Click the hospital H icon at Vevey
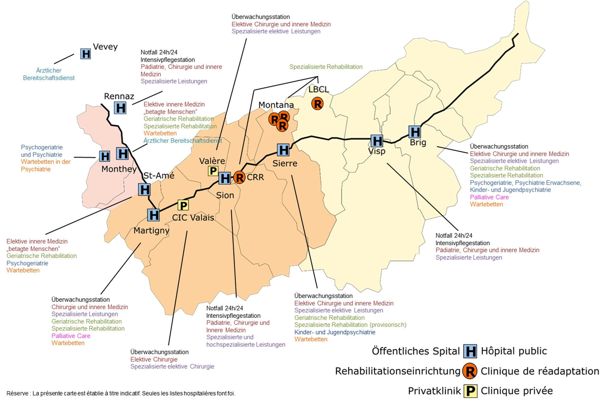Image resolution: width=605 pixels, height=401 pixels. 86,54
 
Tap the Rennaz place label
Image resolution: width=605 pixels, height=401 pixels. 119,96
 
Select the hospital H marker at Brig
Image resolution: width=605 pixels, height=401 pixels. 415,132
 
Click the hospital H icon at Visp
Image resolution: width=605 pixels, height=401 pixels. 377,141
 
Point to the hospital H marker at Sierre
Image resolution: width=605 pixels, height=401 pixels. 283,150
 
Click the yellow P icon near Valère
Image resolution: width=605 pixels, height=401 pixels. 213,171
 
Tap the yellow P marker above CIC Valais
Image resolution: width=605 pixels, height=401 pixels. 183,205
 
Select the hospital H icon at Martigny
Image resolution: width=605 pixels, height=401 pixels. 153,215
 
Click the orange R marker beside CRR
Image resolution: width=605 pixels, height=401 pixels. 240,177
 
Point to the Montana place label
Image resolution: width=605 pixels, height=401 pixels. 276,105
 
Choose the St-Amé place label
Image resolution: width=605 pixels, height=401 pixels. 159,175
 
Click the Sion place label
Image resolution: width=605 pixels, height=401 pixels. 225,195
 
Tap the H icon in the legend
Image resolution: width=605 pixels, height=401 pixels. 470,351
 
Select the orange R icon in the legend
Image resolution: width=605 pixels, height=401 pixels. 470,371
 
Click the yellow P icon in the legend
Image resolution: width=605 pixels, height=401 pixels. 470,391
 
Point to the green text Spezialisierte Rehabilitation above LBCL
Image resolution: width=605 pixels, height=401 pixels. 326,67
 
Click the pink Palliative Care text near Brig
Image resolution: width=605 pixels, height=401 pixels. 489,197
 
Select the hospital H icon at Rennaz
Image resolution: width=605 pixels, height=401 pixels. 120,108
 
